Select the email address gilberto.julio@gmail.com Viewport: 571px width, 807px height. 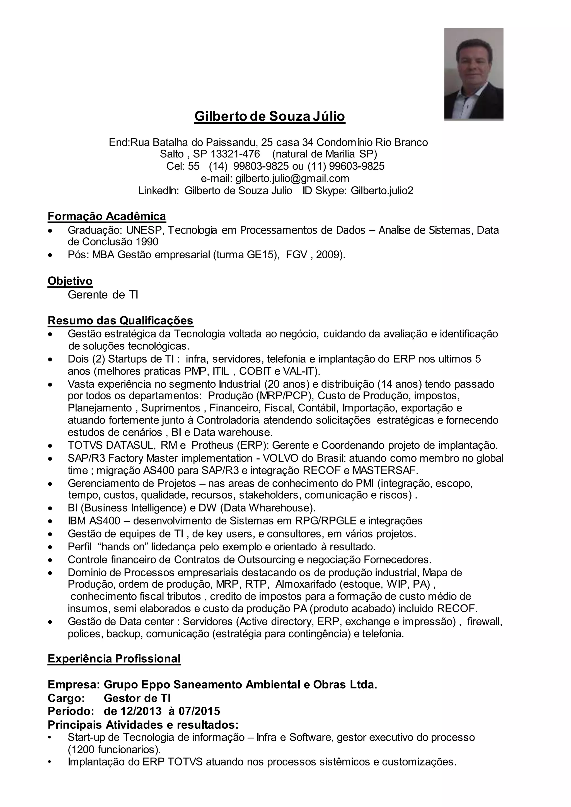click(x=292, y=179)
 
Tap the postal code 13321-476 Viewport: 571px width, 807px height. click(x=235, y=154)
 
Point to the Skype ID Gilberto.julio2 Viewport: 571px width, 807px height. click(x=382, y=191)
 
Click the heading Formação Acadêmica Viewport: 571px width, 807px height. click(x=107, y=216)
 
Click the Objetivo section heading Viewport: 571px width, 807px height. click(x=70, y=281)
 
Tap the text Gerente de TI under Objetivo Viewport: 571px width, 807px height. click(x=103, y=295)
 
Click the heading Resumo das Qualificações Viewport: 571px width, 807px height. click(x=120, y=320)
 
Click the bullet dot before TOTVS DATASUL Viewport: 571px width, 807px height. click(x=51, y=446)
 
